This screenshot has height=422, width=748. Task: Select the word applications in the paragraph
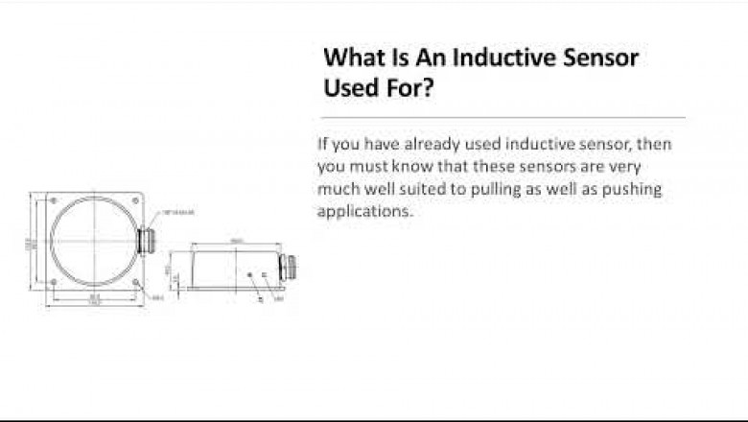coord(362,212)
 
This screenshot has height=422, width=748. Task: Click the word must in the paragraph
coord(363,167)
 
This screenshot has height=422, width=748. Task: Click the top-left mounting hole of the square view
coord(53,200)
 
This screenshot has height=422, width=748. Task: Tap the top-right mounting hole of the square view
coord(134,200)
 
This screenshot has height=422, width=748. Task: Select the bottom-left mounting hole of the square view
coord(53,281)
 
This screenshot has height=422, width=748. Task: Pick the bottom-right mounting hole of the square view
coord(134,281)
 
